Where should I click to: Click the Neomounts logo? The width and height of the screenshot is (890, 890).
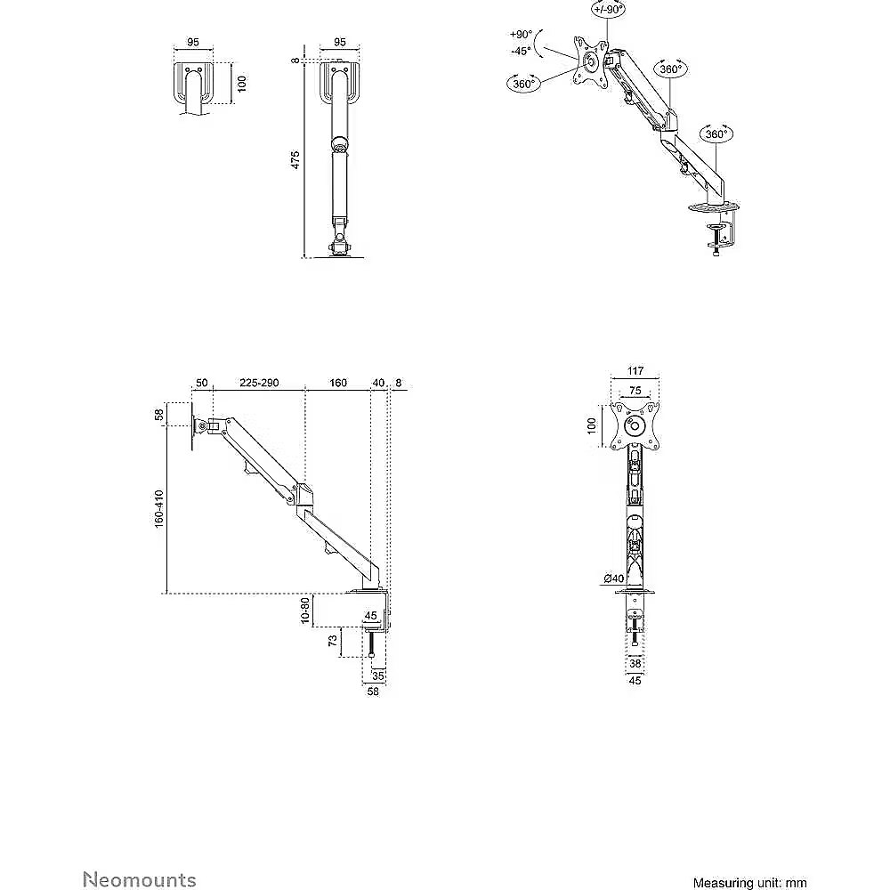140,880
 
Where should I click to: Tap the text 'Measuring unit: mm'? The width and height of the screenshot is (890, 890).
749,882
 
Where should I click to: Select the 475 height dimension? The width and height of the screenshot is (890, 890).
295,159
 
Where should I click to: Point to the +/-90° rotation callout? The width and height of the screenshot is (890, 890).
608,9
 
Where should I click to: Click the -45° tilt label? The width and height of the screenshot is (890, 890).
522,51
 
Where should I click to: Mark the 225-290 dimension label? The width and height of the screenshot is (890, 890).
259,383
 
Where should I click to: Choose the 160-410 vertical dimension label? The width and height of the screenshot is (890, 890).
158,506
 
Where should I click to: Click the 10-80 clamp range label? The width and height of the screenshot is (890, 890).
304,611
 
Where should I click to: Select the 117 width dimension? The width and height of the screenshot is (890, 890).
635,372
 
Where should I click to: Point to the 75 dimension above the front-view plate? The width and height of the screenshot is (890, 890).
635,389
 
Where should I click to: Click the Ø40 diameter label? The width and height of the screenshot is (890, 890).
613,578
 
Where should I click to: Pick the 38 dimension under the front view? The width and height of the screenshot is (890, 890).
635,663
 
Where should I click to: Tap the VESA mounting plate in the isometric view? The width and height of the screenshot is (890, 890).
588,61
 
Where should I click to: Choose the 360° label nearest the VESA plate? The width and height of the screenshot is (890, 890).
524,84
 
